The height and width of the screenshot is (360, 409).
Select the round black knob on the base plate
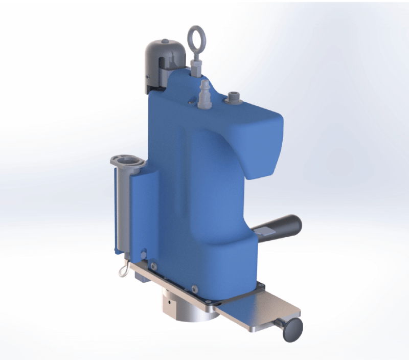point(293,327)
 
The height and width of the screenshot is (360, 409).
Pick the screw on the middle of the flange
point(194,288)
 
